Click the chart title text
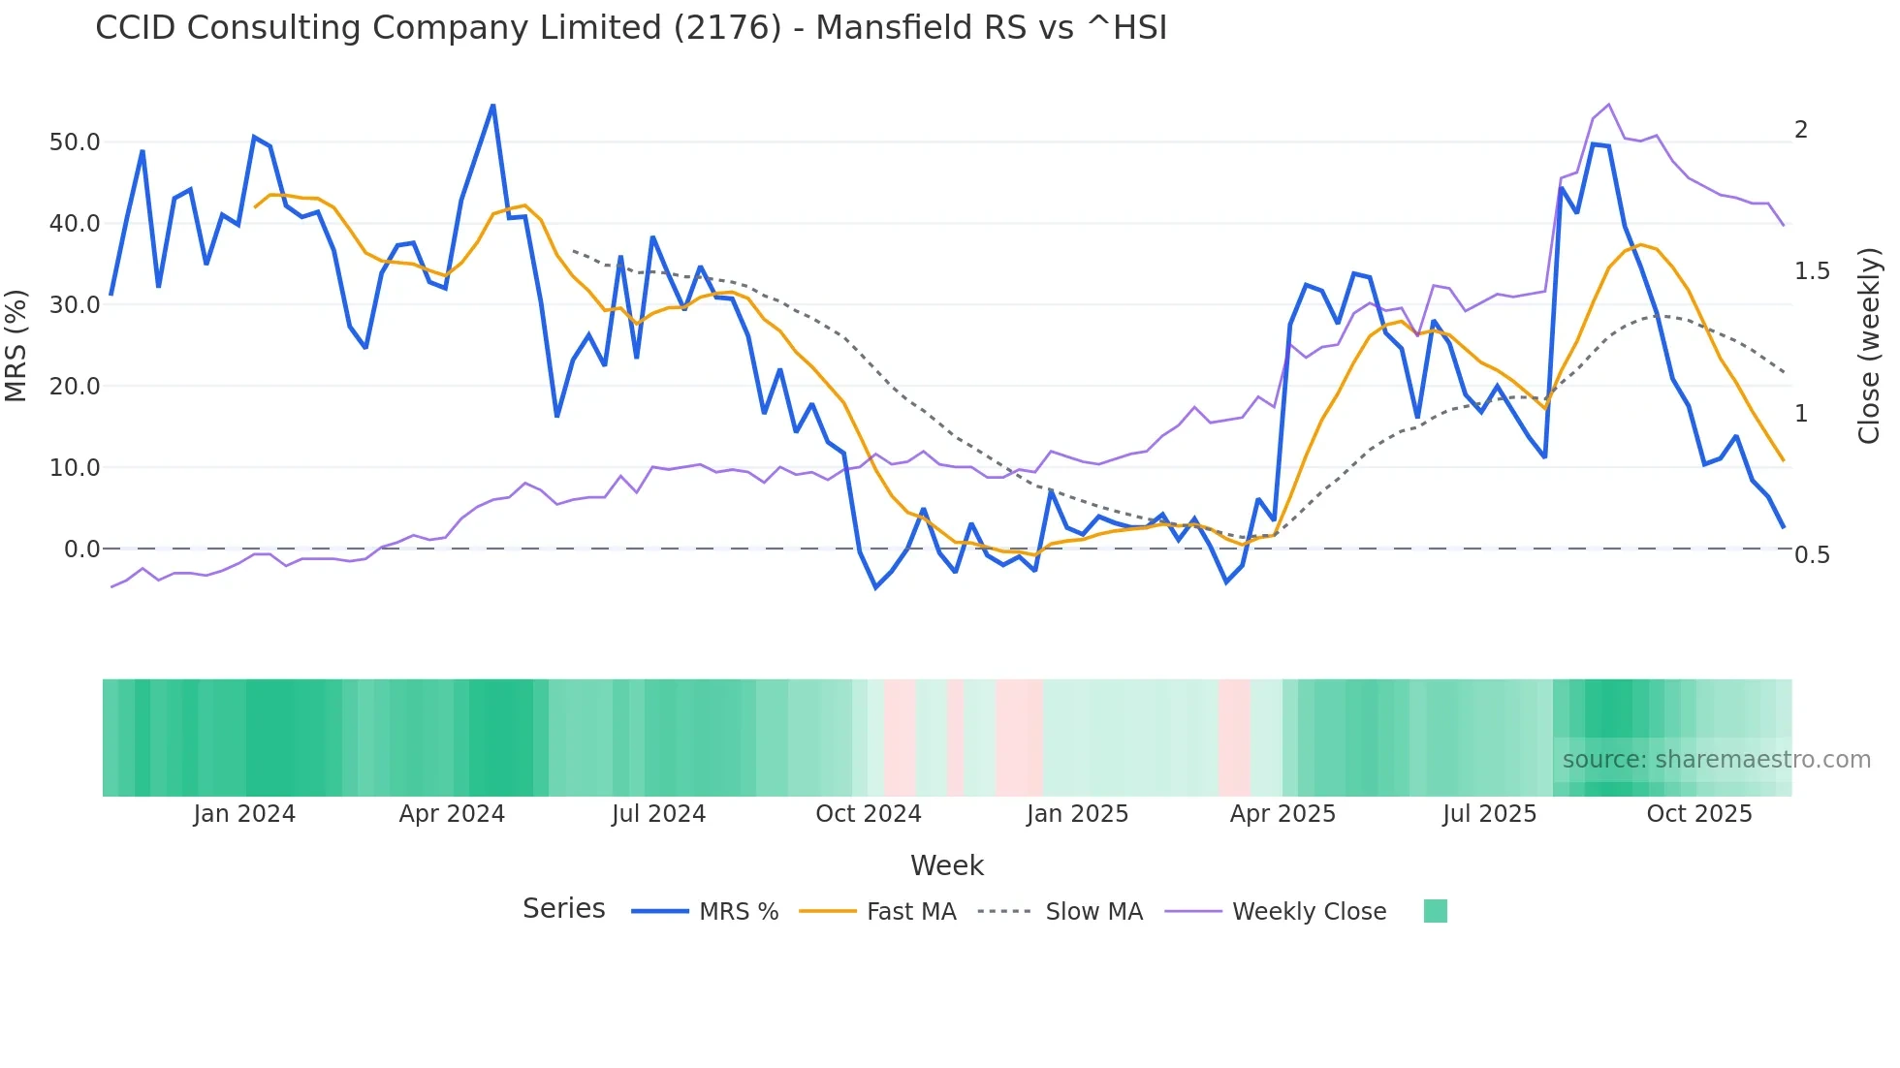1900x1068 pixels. [631, 28]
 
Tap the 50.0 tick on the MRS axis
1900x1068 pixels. [75, 142]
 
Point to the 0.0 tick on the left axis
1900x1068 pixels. [81, 550]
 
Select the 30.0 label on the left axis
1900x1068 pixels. [75, 305]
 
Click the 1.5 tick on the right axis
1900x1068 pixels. [1812, 271]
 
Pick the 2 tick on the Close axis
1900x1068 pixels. [1801, 130]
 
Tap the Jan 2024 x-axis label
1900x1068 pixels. [244, 814]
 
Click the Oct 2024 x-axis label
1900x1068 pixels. [869, 814]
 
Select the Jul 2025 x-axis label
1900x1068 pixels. [1490, 814]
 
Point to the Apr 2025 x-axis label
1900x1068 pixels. [1282, 814]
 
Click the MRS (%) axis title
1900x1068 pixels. [16, 345]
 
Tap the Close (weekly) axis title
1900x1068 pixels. [1869, 346]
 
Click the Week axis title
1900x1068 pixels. [947, 865]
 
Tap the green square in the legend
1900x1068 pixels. [1435, 911]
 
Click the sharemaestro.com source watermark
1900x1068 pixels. [1716, 760]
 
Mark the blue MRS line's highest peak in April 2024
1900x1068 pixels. [493, 106]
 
